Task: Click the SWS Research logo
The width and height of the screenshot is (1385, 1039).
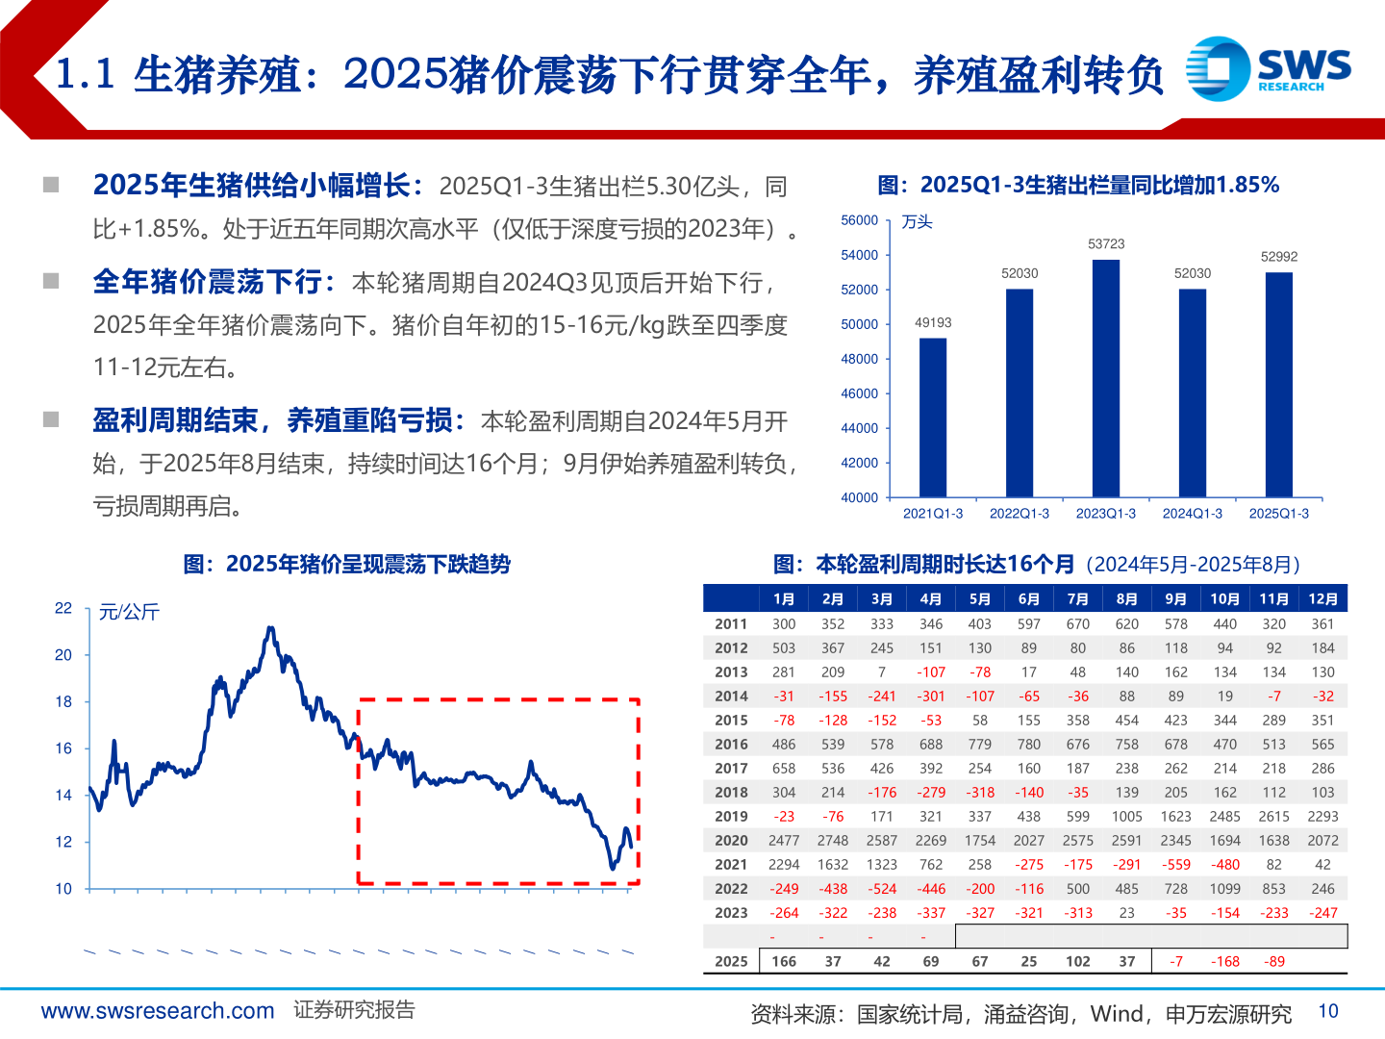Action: pyautogui.click(x=1268, y=68)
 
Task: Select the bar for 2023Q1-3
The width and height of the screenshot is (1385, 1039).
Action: pyautogui.click(x=1106, y=378)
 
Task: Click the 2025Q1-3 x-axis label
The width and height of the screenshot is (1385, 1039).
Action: pyautogui.click(x=1278, y=514)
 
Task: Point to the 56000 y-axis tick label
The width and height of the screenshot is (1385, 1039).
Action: pyautogui.click(x=859, y=220)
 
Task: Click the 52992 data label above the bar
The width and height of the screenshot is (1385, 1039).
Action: pyautogui.click(x=1279, y=257)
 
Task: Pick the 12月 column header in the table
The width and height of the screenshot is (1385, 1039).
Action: pyautogui.click(x=1322, y=598)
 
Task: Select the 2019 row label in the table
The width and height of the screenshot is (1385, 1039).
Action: pyautogui.click(x=731, y=816)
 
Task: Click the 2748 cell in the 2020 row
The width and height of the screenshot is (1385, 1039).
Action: pyautogui.click(x=833, y=840)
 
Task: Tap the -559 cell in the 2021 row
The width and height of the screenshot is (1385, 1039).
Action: pyautogui.click(x=1175, y=864)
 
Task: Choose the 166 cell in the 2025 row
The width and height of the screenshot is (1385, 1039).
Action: pyautogui.click(x=784, y=961)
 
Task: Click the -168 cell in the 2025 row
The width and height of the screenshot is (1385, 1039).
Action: pyautogui.click(x=1224, y=961)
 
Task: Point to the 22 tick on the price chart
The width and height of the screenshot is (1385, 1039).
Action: pyautogui.click(x=63, y=608)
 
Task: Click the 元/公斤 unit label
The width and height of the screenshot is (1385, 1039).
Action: pyautogui.click(x=129, y=612)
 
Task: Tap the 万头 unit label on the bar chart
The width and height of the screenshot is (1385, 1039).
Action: pyautogui.click(x=917, y=222)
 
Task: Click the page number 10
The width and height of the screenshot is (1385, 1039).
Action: pyautogui.click(x=1328, y=1011)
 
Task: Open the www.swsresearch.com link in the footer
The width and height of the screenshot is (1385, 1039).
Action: pyautogui.click(x=158, y=1011)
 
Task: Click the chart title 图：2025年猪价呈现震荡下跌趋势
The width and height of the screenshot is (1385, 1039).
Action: pyautogui.click(x=347, y=564)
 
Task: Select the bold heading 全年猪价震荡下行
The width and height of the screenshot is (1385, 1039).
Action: pyautogui.click(x=208, y=282)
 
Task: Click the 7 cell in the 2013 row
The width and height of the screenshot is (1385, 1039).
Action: pyautogui.click(x=881, y=672)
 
